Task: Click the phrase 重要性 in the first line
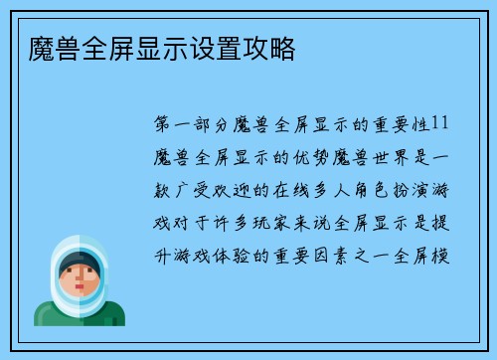click(400, 124)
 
